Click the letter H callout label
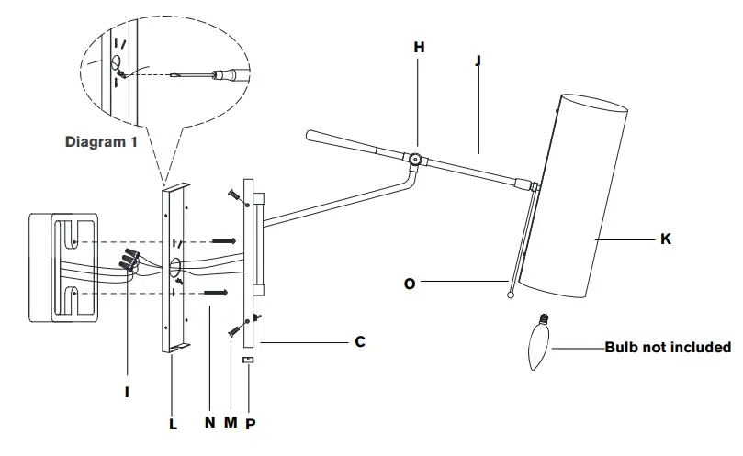(420, 46)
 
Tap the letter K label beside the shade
(665, 239)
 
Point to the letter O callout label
(410, 284)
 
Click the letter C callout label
(360, 341)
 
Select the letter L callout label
(174, 426)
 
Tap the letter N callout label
(209, 426)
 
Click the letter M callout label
(231, 426)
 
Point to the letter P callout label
(251, 426)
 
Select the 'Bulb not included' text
(668, 348)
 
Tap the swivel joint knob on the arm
(415, 160)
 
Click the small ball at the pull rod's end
(510, 294)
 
